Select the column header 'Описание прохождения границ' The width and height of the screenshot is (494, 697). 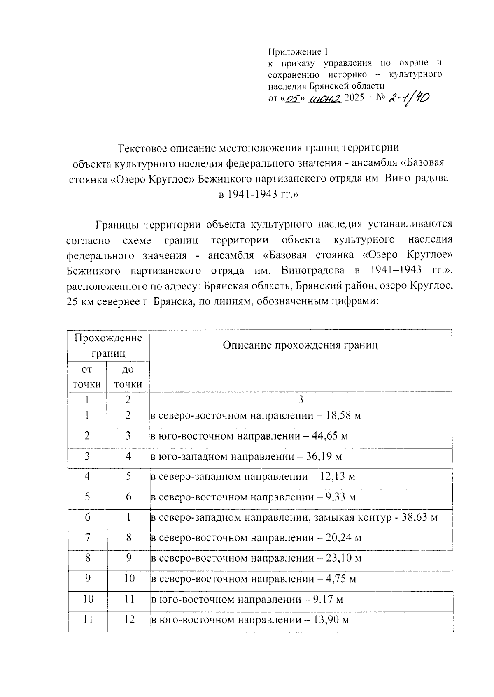tap(300, 345)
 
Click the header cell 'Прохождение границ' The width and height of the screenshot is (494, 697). tap(108, 345)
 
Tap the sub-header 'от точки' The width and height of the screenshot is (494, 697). tap(87, 377)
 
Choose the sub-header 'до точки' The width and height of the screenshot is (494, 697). tap(128, 377)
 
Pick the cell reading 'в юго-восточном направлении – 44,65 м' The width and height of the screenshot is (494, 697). tap(249, 436)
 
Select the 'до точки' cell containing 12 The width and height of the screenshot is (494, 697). tap(129, 620)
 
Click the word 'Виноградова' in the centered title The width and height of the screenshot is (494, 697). tap(417, 179)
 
